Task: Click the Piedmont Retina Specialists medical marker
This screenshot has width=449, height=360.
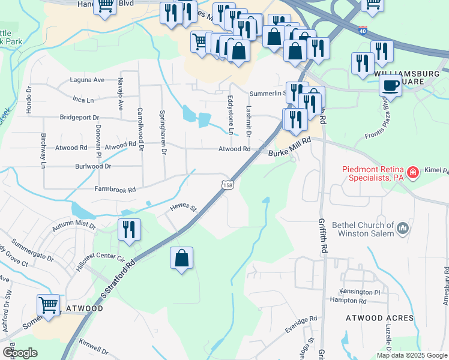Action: coord(413,174)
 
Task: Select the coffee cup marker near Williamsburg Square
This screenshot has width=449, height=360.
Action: coord(391,85)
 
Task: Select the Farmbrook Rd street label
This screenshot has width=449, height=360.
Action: coord(115,189)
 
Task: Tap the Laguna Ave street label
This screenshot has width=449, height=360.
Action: coord(87,80)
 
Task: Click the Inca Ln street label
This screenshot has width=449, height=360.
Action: coord(82,100)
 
